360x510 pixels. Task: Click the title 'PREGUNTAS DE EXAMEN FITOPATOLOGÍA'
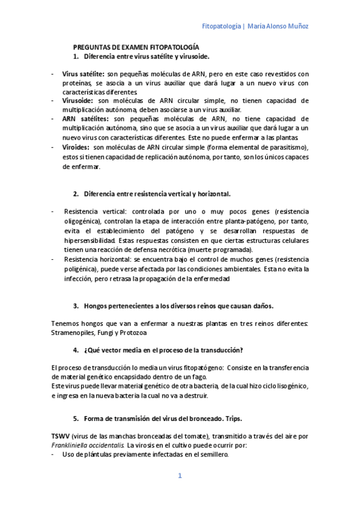pos(136,47)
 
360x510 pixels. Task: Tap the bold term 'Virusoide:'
pos(79,101)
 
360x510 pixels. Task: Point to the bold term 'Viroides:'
pos(76,147)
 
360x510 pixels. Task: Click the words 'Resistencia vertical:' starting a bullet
pos(93,212)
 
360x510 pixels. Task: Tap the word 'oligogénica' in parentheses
pos(85,222)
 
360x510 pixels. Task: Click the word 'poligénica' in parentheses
pos(82,268)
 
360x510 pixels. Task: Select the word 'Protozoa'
pos(133,333)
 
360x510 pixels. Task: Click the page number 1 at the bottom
pos(179,476)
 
